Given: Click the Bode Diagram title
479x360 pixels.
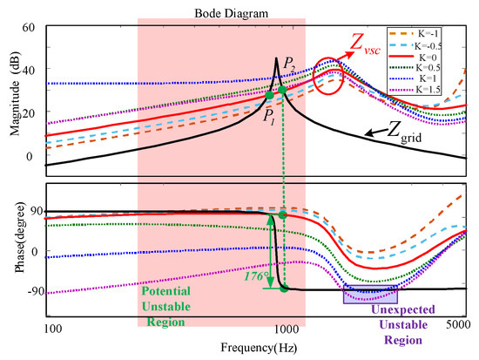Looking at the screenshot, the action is pos(232,13).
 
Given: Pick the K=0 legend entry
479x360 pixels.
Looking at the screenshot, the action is pos(413,58).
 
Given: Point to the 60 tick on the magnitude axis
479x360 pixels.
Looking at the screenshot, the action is pos(29,27).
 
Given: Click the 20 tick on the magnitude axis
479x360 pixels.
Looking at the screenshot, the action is pos(29,112).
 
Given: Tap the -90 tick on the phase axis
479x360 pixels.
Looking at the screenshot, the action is pos(36,291).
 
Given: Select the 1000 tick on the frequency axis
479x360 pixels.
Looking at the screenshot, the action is pos(287,329).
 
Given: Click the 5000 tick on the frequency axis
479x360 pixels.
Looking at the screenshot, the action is pos(458,324).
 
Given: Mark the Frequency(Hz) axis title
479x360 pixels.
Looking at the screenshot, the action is pos(259,348).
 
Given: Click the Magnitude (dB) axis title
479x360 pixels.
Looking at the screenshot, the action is pos(15,94).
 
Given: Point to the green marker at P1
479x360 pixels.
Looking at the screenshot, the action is pos(269,95).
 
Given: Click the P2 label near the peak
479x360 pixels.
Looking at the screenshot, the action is pos(289,65).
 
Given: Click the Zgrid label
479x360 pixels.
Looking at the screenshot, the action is pos(404,133).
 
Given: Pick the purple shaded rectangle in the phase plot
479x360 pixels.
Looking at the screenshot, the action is pos(370,295).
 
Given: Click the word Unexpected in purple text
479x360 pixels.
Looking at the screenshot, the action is pos(403,309).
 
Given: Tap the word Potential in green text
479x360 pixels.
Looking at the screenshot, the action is pos(165,291).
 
